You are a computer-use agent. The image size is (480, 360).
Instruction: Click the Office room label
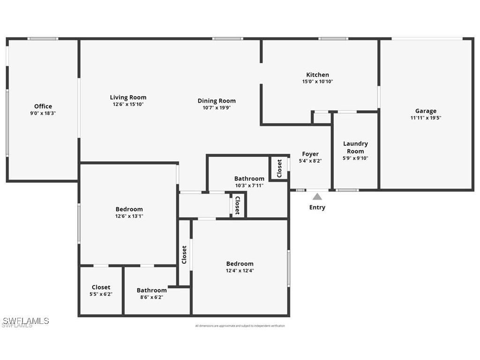pyautogui.click(x=43, y=106)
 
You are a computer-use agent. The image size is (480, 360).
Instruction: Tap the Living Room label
pyautogui.click(x=128, y=97)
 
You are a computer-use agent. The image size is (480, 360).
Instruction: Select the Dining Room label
pyautogui.click(x=217, y=101)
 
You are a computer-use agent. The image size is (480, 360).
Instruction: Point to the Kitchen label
pyautogui.click(x=317, y=75)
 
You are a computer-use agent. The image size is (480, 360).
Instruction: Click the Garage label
pyautogui.click(x=426, y=111)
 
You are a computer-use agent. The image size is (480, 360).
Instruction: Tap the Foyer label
pyautogui.click(x=310, y=154)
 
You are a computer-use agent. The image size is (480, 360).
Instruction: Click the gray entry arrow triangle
pyautogui.click(x=317, y=197)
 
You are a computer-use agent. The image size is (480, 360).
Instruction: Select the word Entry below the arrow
pyautogui.click(x=317, y=207)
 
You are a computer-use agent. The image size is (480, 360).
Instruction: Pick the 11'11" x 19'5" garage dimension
pyautogui.click(x=426, y=118)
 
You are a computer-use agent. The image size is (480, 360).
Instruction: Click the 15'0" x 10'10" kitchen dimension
pyautogui.click(x=317, y=82)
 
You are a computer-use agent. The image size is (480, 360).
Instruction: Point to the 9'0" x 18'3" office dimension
pyautogui.click(x=43, y=113)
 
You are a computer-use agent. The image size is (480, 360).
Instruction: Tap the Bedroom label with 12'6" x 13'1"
pyautogui.click(x=129, y=209)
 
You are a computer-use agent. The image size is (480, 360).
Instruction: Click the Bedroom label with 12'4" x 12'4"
pyautogui.click(x=240, y=264)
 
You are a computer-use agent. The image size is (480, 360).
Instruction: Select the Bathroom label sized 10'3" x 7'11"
pyautogui.click(x=249, y=179)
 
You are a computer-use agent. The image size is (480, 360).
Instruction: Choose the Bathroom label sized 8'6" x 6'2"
pyautogui.click(x=151, y=290)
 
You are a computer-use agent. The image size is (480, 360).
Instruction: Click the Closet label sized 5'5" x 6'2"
pyautogui.click(x=101, y=287)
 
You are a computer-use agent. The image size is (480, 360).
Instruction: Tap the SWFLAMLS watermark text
pyautogui.click(x=25, y=321)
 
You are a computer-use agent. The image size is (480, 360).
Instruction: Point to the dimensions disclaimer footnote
pyautogui.click(x=240, y=326)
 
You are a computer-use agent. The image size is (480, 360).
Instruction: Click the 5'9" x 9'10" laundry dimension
pyautogui.click(x=355, y=158)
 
